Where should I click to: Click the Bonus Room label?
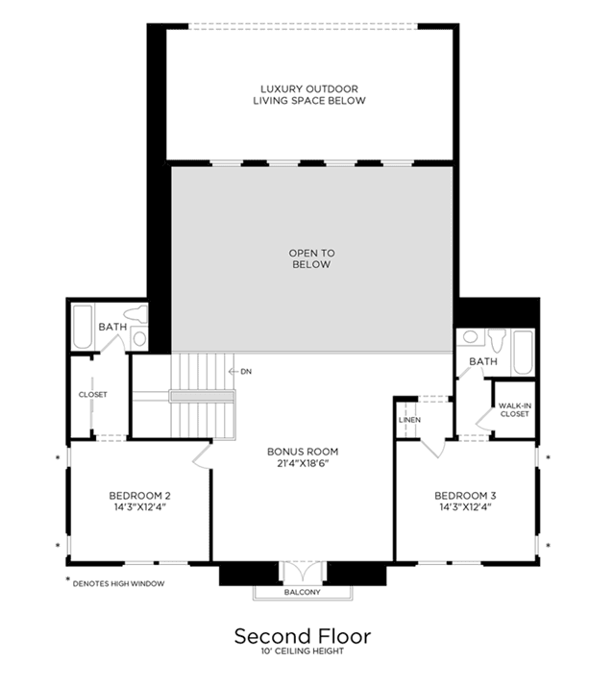tap(303, 457)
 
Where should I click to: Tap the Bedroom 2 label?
tap(139, 502)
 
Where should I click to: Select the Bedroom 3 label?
tap(465, 502)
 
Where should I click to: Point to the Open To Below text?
tap(311, 258)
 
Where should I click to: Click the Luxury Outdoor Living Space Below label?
tap(309, 94)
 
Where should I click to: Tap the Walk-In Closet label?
tap(514, 409)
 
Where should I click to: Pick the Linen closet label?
tap(409, 420)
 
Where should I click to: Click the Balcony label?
tap(303, 592)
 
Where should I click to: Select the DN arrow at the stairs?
tap(233, 372)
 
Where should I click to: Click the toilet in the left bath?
tap(135, 314)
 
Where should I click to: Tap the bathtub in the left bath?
tap(83, 327)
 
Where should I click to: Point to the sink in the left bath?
tap(139, 338)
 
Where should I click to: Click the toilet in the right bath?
tap(497, 339)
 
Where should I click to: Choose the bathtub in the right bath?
tap(524, 353)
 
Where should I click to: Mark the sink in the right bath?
tap(470, 337)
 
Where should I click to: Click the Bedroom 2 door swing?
tap(201, 456)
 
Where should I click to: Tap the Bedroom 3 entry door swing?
tap(433, 448)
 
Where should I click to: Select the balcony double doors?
tap(303, 571)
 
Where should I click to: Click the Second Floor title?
tap(303, 636)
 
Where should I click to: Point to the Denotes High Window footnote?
tap(115, 582)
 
